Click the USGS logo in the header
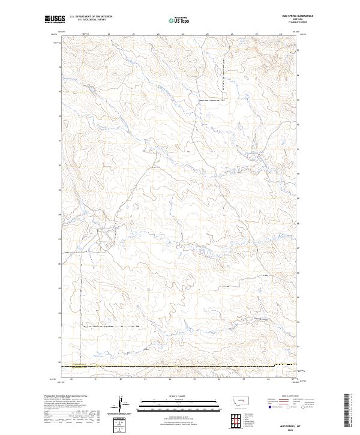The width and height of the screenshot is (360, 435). (x=55, y=19)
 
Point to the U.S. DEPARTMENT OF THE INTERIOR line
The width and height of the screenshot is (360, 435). (x=91, y=17)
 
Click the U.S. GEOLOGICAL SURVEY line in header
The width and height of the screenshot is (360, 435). (x=91, y=20)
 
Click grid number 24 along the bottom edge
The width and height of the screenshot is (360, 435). (x=170, y=379)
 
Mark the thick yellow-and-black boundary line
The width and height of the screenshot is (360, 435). (x=180, y=365)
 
